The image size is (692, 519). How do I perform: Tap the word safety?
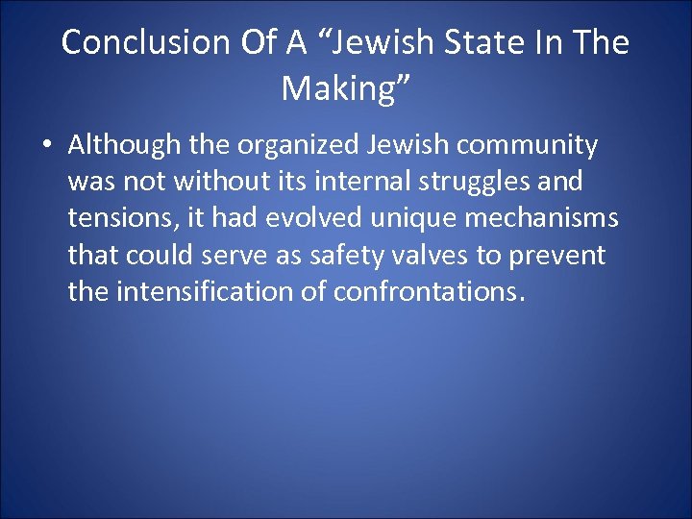click(342, 255)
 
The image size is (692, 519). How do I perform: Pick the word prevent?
click(557, 255)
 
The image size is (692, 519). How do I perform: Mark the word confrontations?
click(430, 291)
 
